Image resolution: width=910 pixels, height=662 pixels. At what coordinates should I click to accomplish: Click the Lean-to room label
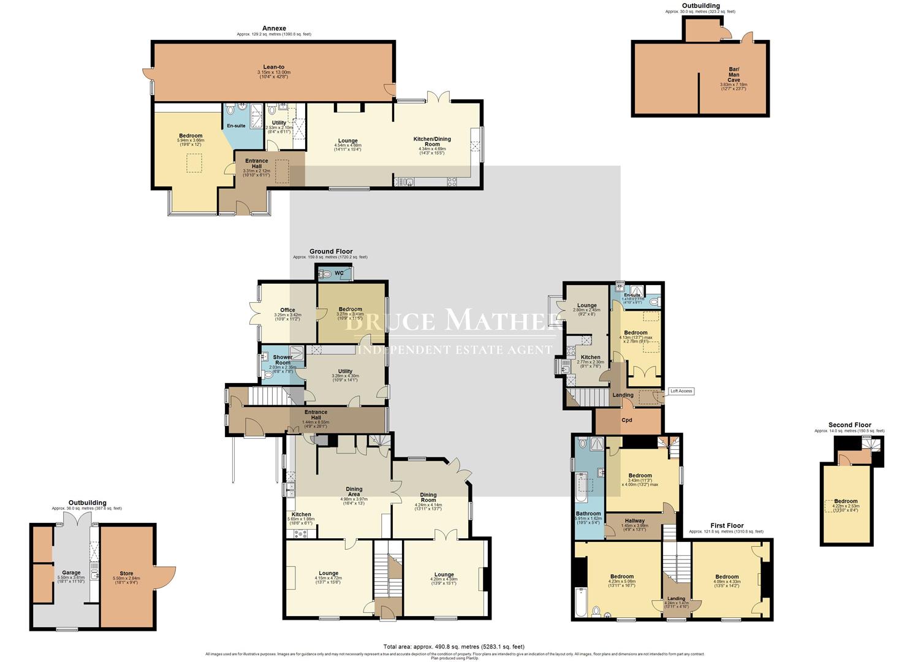point(273,67)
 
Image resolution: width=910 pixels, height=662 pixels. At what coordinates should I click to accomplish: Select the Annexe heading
point(273,28)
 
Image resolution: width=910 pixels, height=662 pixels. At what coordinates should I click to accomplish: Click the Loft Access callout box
point(681,391)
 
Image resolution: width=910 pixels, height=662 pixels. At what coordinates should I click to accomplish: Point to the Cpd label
point(626,420)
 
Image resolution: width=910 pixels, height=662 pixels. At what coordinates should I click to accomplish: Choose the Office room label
point(287,310)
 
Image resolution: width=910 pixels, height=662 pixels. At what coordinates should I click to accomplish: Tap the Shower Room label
point(282,360)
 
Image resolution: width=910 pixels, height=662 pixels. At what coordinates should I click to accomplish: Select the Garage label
point(71,573)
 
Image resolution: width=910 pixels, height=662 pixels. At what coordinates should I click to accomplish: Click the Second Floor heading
point(849,425)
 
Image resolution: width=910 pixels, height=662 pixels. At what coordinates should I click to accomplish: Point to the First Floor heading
point(727,526)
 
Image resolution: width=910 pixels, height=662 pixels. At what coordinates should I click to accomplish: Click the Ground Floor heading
point(330,251)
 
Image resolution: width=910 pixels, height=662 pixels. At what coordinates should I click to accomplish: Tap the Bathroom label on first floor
point(588,514)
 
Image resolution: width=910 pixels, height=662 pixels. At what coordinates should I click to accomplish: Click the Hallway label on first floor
point(634,521)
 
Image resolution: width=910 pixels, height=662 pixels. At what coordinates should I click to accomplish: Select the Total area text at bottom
point(454,647)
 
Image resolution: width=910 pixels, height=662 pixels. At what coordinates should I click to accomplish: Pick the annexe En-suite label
point(236,126)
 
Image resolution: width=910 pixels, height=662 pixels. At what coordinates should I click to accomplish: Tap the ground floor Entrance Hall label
point(316,415)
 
